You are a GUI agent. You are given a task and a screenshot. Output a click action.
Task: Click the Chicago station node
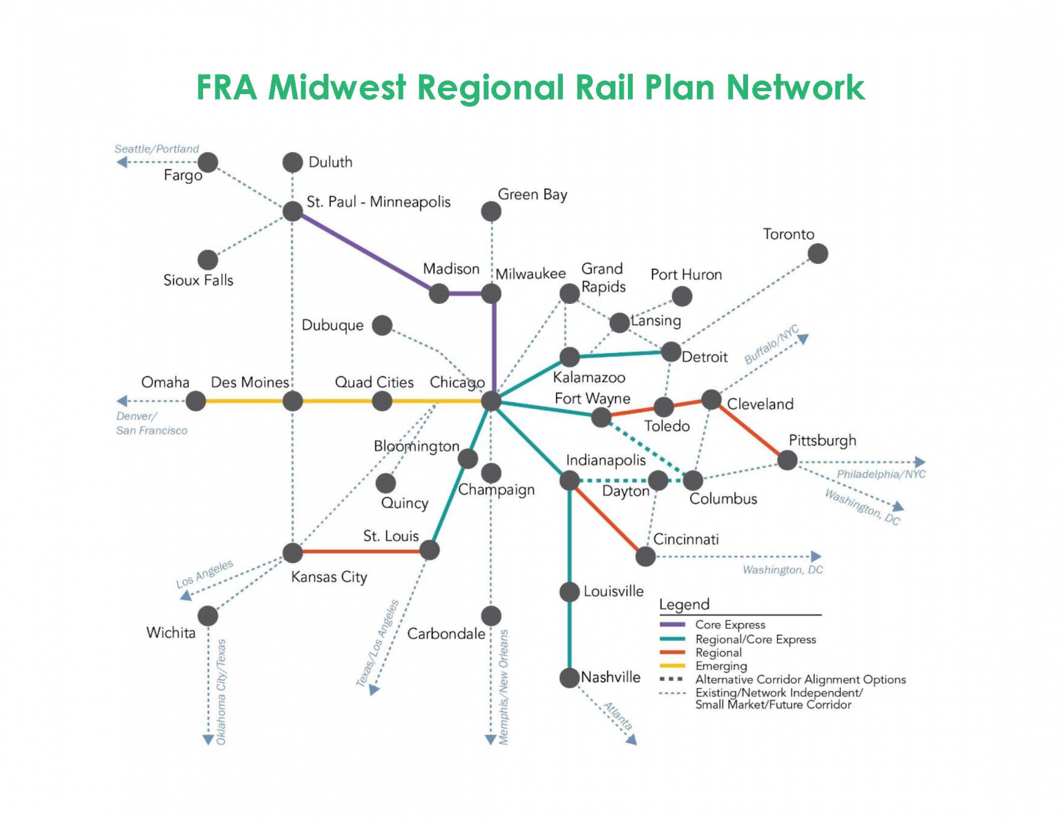click(x=490, y=401)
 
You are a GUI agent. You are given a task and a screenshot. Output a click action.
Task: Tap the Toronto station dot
click(x=818, y=254)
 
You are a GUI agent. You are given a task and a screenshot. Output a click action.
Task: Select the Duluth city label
click(x=330, y=162)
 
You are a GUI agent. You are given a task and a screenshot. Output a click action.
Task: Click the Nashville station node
click(x=569, y=678)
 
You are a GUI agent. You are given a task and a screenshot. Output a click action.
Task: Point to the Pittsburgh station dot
click(x=787, y=460)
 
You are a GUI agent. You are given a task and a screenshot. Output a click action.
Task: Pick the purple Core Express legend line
click(x=672, y=624)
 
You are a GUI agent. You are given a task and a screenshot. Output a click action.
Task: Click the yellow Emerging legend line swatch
click(x=672, y=666)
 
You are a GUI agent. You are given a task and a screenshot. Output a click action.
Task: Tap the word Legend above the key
click(x=684, y=604)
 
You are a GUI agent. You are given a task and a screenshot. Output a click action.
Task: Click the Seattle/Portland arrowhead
click(x=122, y=162)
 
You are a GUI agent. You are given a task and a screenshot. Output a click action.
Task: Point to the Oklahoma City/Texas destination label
click(x=221, y=692)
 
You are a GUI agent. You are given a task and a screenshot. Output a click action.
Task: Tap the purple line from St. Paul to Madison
click(x=366, y=252)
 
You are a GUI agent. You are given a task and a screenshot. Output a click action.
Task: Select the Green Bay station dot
click(x=490, y=211)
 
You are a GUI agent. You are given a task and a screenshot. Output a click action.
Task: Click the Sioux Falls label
click(x=198, y=280)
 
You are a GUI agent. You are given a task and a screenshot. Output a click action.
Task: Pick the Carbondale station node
click(x=490, y=616)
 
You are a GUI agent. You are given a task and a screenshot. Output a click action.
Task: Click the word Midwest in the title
click(x=337, y=88)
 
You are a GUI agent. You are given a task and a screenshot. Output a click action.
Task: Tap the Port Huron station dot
click(x=682, y=296)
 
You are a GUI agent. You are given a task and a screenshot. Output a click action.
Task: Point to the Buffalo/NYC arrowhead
click(x=803, y=339)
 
